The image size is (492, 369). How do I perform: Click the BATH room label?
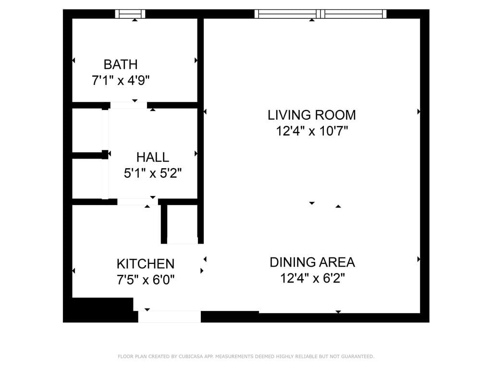(121, 64)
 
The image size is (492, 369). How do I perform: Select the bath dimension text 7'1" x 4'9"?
(121, 80)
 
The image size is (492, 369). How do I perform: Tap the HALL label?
(152, 157)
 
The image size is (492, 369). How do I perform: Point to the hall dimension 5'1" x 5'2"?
(152, 173)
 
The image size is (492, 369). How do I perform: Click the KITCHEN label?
(145, 264)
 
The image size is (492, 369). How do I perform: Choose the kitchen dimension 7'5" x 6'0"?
(145, 280)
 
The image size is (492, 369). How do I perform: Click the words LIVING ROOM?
(311, 115)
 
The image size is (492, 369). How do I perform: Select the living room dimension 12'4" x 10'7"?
(311, 131)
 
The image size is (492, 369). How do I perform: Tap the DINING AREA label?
(312, 262)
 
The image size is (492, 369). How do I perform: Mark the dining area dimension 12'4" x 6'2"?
(312, 278)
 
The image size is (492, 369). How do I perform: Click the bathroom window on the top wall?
(130, 14)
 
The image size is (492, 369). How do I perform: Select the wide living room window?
(320, 14)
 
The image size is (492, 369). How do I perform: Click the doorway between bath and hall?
(129, 105)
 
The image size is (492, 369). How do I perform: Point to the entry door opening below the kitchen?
(169, 317)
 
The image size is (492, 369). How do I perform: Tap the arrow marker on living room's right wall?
(419, 111)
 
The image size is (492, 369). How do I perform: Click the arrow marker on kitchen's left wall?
(74, 271)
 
